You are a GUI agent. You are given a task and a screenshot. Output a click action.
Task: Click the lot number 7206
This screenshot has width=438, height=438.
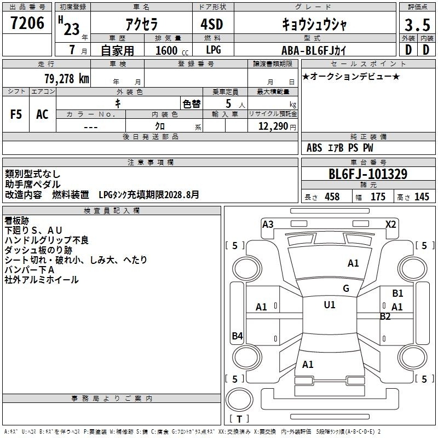27,23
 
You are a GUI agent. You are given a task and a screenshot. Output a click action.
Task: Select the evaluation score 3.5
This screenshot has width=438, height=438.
417,25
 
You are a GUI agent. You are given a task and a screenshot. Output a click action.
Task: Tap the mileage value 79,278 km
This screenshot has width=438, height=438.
67,79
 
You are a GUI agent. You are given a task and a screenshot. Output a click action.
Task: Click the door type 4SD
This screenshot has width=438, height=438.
212,24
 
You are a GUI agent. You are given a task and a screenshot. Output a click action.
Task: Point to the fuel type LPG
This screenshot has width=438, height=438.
214,50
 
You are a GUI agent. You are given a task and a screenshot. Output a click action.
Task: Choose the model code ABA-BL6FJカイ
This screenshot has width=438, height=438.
314,50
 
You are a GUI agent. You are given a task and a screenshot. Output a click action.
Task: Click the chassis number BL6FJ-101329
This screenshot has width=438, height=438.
368,174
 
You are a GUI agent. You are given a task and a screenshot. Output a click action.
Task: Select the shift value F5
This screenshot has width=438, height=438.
16,114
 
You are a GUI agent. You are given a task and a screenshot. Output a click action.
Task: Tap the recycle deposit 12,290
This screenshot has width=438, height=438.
273,126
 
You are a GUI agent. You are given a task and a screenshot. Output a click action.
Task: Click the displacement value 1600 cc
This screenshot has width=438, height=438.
172,50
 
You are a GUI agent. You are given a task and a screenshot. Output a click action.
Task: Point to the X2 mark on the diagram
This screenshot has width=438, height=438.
390,224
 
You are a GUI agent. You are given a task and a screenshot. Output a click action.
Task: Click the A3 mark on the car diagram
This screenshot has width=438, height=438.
268,224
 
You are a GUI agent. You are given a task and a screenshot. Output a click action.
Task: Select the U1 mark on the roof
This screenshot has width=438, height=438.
330,304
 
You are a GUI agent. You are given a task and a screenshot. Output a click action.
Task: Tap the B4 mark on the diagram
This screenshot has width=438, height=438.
237,336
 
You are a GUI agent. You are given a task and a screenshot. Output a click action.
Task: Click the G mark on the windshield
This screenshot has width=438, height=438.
346,289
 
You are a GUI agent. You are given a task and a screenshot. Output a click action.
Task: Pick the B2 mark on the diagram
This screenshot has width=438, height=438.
385,316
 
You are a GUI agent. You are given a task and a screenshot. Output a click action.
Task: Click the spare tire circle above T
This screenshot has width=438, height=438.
239,399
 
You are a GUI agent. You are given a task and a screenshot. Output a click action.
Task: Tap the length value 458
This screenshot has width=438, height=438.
332,197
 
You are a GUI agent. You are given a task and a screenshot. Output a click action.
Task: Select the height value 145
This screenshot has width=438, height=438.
422,197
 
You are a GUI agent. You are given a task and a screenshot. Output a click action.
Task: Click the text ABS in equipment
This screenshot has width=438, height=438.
314,148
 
